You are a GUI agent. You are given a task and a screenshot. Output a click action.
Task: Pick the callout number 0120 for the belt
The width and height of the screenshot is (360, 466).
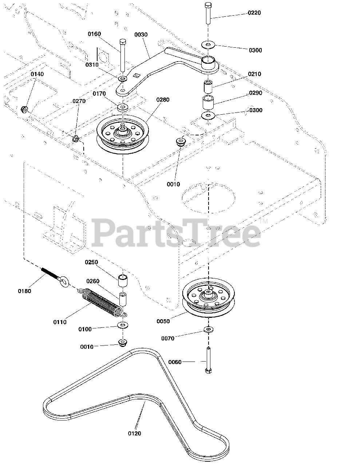coord(134,433)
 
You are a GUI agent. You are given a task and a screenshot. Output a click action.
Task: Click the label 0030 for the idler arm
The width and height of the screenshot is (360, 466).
coord(141,35)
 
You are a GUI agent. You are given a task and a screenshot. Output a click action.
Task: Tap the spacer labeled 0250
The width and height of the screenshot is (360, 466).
coord(123,281)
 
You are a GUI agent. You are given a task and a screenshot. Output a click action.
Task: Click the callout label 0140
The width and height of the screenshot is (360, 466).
coord(37,74)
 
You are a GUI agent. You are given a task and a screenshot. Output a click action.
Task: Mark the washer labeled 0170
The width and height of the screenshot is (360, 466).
coord(123,107)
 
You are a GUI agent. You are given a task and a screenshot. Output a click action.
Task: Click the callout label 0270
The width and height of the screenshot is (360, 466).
coord(79,101)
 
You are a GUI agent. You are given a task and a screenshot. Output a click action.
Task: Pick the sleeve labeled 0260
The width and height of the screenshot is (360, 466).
coord(123,299)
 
